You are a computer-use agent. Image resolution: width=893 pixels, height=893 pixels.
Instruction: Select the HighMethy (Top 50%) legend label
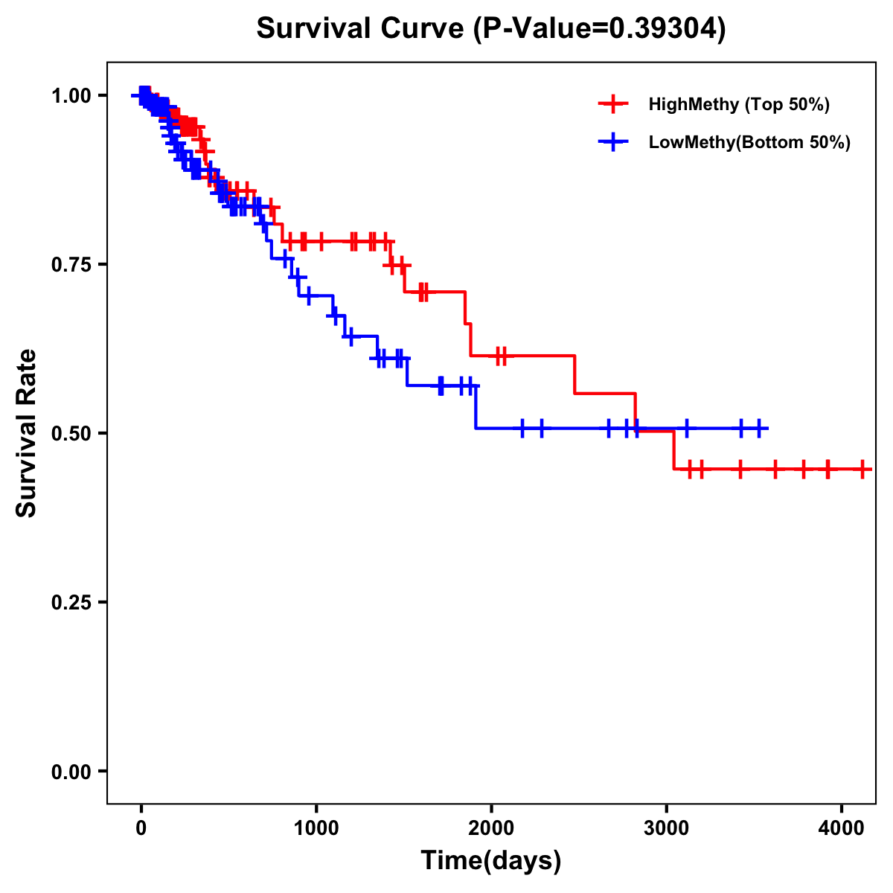738,104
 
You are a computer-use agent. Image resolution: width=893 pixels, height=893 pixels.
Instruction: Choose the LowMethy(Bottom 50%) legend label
749,142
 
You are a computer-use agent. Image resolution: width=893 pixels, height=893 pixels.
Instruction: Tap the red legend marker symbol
613,104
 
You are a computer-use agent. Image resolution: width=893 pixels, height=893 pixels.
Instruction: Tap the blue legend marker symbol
613,142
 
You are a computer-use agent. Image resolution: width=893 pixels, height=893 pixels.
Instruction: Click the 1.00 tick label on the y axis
71,95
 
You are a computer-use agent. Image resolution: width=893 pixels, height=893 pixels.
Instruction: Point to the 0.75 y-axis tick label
71,264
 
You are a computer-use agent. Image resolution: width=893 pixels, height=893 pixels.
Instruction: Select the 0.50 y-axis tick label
71,433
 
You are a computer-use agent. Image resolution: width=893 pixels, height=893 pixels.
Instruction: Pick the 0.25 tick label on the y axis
71,602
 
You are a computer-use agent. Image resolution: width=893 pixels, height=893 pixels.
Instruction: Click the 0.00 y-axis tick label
71,771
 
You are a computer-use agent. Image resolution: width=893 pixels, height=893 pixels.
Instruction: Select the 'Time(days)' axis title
491,860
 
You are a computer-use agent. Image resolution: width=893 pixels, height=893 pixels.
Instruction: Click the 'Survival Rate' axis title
27,433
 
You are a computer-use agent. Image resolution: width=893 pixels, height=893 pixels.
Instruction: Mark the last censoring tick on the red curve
862,470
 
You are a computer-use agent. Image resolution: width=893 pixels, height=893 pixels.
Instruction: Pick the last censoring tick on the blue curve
759,428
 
